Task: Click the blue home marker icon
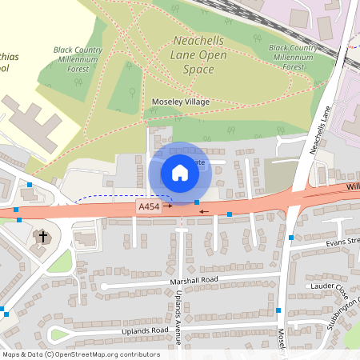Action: (180, 173)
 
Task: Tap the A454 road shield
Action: (149, 206)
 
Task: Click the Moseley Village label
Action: (181, 102)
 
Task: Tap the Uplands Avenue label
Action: (178, 313)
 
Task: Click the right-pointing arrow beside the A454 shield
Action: (169, 206)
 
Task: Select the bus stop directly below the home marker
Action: (197, 202)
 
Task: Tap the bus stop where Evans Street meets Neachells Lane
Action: (291, 237)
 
